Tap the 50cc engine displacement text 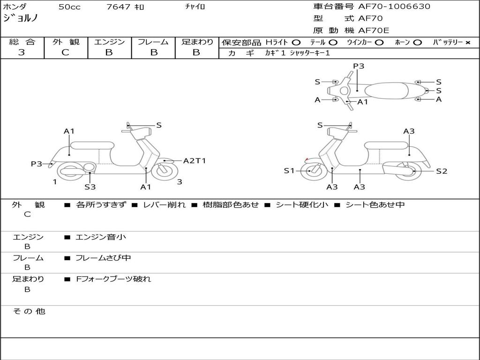coord(68,7)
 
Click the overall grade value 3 coord(22,52)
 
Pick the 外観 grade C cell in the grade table coord(66,52)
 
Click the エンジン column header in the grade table coord(109,42)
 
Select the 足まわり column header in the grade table coord(197,42)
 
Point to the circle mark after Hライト coord(296,42)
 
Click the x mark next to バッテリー coord(468,42)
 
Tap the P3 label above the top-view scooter coord(359,66)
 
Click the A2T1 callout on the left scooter coord(195,161)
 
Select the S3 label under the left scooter coord(90,187)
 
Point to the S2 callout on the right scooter coord(442,171)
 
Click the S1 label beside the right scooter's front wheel coord(289,171)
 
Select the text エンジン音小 coord(101,237)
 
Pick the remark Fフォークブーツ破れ coord(113,279)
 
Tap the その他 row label coord(29,311)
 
